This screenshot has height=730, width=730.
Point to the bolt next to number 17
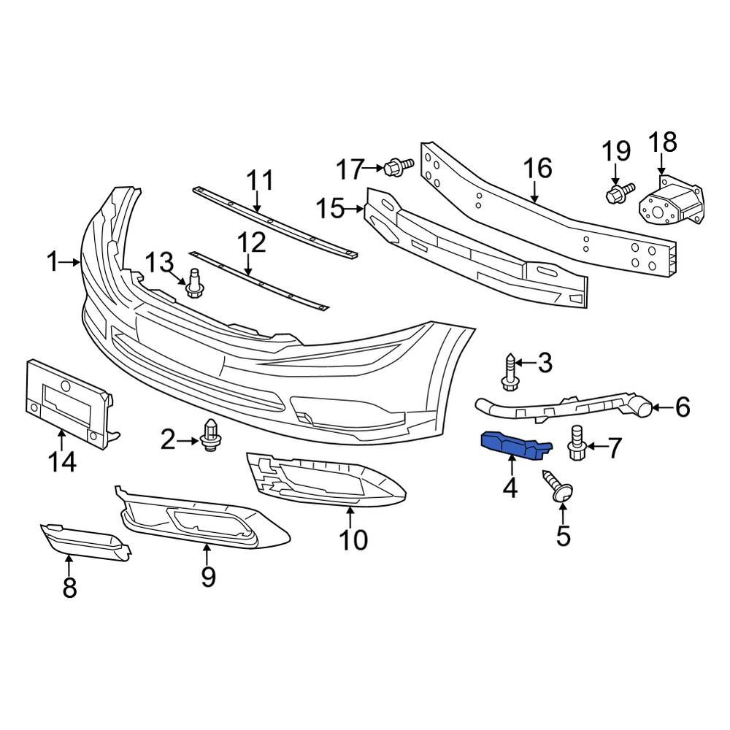coord(394,168)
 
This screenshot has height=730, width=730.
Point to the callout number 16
coord(538,169)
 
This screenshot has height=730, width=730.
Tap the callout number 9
coord(209,577)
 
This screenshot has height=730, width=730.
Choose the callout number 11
coord(259,180)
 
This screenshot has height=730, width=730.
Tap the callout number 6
coord(682,407)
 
